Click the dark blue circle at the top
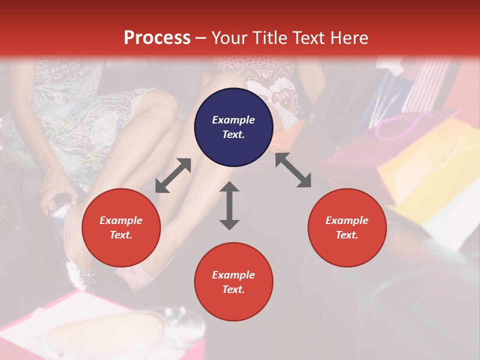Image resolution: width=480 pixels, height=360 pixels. [x=233, y=127]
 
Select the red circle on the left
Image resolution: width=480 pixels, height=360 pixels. [x=121, y=228]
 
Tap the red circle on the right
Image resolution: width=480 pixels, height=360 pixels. [x=347, y=228]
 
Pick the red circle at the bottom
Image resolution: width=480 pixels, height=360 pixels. [x=233, y=282]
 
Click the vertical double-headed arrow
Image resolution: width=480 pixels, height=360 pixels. [x=229, y=205]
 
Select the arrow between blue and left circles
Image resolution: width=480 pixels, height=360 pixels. [x=173, y=175]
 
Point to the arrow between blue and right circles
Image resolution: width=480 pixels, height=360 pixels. [x=293, y=170]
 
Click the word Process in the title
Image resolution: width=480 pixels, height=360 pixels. [x=157, y=37]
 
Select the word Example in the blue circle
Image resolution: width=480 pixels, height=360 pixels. [x=233, y=120]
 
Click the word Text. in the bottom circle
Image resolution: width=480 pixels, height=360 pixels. [x=233, y=289]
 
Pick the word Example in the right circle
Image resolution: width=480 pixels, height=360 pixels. [x=347, y=220]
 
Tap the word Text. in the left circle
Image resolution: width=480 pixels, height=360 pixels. [x=121, y=235]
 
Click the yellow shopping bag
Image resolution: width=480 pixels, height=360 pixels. [x=425, y=165]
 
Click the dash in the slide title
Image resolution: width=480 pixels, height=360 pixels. [x=201, y=38]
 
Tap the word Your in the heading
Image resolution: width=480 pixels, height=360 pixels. [x=229, y=37]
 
